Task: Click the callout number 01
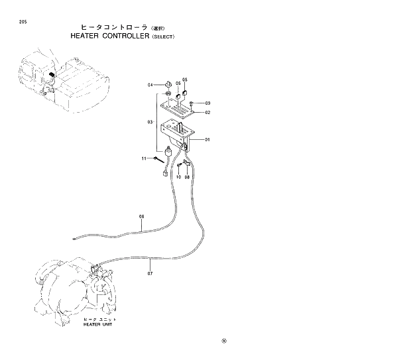(207, 140)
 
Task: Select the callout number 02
(207, 113)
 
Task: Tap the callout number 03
(150, 123)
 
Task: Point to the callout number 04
(150, 86)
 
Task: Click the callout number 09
(207, 103)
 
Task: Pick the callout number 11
(143, 158)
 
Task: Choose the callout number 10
(178, 177)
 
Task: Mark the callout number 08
(187, 177)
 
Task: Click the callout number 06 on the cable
(141, 217)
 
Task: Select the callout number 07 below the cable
(150, 272)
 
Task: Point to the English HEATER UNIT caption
(97, 326)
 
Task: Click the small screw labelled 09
(191, 103)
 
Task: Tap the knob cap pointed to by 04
(169, 85)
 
